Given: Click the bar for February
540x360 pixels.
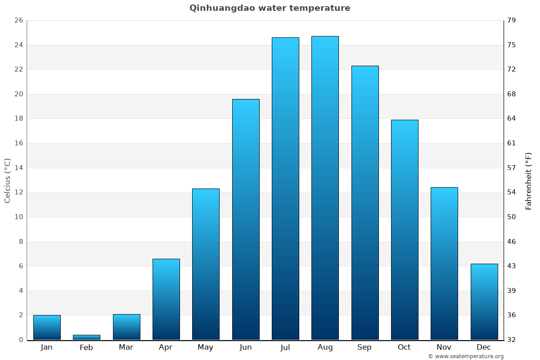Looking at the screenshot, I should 86,337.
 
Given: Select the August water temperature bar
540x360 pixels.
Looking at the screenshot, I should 325,188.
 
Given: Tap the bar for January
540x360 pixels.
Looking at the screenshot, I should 47,327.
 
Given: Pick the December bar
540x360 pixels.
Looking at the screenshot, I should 484,301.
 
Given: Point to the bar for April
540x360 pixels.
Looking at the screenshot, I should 166,299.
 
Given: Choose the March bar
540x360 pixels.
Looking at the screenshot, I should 126,327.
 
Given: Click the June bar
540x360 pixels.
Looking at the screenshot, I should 246,219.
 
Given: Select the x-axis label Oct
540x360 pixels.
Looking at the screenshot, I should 404,347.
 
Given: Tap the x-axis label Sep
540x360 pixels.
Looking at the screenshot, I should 364,347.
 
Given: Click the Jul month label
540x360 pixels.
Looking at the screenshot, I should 285,347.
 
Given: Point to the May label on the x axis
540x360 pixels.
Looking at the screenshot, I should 206,347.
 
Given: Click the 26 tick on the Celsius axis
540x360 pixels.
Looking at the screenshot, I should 18,21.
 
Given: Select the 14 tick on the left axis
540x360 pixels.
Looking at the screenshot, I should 18,168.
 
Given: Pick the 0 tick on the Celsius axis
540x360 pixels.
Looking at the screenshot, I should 21,340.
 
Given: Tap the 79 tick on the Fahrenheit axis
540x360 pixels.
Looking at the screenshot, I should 512,21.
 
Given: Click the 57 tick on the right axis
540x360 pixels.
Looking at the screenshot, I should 512,168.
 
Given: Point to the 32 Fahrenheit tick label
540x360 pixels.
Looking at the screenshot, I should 512,340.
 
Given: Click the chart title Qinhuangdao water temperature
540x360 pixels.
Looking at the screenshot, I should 270,8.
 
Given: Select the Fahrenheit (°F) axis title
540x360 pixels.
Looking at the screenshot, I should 529,181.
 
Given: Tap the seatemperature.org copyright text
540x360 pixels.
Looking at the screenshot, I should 466,356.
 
